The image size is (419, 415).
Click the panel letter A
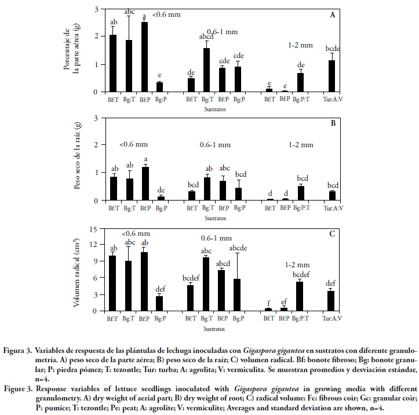coord(333,15)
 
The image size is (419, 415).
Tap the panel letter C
coord(333,234)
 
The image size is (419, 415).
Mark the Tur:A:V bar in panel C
coord(332,300)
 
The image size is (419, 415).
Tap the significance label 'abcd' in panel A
coord(207,37)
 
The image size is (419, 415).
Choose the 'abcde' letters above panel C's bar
coord(238,248)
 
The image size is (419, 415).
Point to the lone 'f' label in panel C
coord(268,303)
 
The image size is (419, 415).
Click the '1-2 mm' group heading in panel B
coord(300,144)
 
